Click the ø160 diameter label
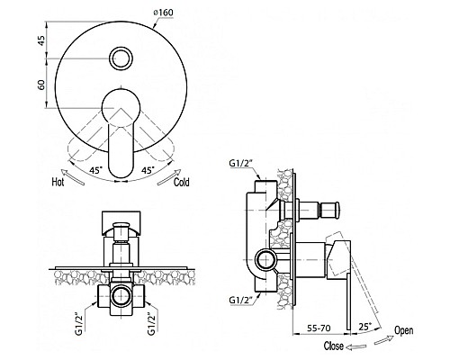coord(164,13)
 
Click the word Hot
coord(58,182)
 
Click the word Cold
coord(182,182)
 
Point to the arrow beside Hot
coord(73,176)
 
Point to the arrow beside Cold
coord(169,177)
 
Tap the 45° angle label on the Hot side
coord(96,170)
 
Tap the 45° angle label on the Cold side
coord(148,170)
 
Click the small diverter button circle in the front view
coord(121,58)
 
